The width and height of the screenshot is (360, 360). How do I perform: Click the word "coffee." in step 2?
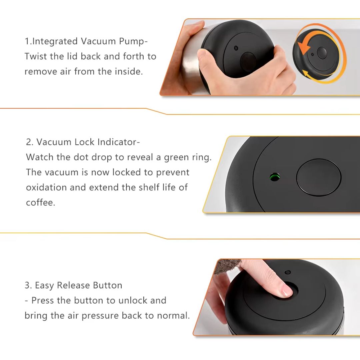41,203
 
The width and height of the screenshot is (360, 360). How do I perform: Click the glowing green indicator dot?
275,177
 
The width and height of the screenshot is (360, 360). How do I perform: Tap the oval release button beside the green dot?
319,177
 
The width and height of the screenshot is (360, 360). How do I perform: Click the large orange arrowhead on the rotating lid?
304,48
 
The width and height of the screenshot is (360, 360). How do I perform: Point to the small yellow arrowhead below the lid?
306,74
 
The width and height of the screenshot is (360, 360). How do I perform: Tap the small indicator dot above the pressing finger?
287,272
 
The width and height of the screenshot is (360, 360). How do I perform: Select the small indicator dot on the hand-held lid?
236,48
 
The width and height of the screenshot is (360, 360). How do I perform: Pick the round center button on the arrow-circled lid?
322,53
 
